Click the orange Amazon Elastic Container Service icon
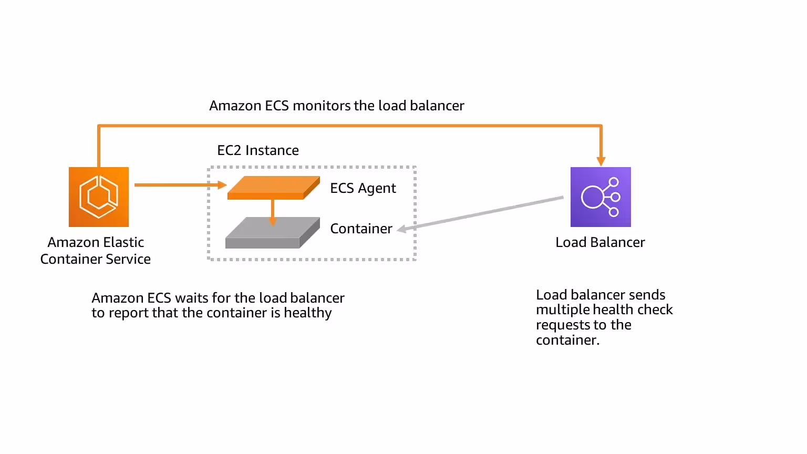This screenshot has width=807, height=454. click(99, 197)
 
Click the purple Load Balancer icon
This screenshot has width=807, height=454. click(601, 197)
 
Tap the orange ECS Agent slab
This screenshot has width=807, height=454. click(273, 188)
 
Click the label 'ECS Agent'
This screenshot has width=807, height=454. click(363, 188)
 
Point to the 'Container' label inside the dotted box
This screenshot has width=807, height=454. click(361, 229)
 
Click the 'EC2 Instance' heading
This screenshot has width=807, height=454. click(257, 150)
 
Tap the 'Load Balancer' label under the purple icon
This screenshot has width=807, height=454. click(600, 242)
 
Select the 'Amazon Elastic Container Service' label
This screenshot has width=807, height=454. click(96, 251)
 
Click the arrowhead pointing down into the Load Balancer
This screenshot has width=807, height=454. click(601, 161)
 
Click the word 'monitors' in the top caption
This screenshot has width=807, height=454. click(322, 106)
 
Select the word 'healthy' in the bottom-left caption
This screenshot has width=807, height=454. click(308, 313)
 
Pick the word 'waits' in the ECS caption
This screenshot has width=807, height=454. click(191, 298)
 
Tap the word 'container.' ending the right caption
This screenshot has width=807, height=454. click(567, 340)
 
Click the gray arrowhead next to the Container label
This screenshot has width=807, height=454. click(402, 229)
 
